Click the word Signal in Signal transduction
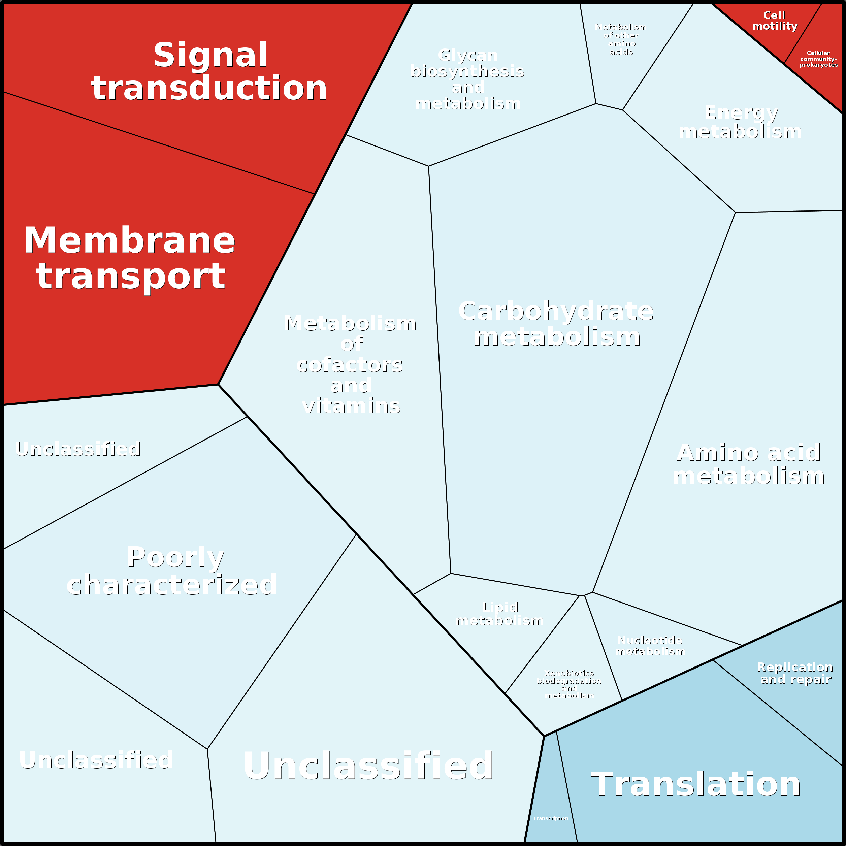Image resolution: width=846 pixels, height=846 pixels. point(210,56)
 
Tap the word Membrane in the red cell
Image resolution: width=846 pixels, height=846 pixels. point(130,240)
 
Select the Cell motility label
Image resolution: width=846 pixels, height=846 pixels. point(774,21)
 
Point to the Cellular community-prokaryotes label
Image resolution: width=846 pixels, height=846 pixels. point(818,59)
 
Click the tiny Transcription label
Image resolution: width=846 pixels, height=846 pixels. point(551,818)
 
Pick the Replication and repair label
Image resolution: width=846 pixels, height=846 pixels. point(795,673)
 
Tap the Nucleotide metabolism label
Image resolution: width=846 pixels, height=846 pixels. point(650,646)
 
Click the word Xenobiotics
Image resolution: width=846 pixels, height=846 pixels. point(569,673)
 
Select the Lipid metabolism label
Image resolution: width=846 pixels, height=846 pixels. point(500,614)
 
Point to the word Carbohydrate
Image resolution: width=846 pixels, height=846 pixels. point(556,311)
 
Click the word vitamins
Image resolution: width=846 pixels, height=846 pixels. point(351,406)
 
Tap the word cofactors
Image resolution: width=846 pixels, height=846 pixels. point(350,365)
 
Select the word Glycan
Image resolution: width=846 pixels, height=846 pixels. point(468,56)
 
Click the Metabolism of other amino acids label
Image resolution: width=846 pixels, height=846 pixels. point(621,39)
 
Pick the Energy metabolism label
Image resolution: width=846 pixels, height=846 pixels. point(740,122)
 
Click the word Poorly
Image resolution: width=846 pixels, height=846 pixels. point(175,557)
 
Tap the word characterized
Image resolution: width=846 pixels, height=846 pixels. point(172,585)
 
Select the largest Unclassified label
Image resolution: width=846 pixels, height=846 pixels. point(368,766)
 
